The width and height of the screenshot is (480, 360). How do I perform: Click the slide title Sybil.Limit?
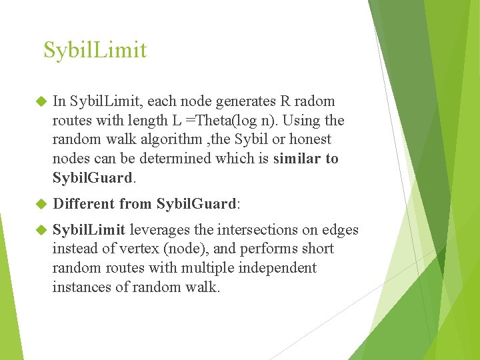click(95, 50)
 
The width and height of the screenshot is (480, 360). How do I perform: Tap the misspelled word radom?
click(314, 101)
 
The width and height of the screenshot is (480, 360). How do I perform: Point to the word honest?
click(308, 140)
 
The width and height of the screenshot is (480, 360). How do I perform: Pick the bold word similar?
click(296, 159)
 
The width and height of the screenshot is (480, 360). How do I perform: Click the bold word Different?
click(83, 204)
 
